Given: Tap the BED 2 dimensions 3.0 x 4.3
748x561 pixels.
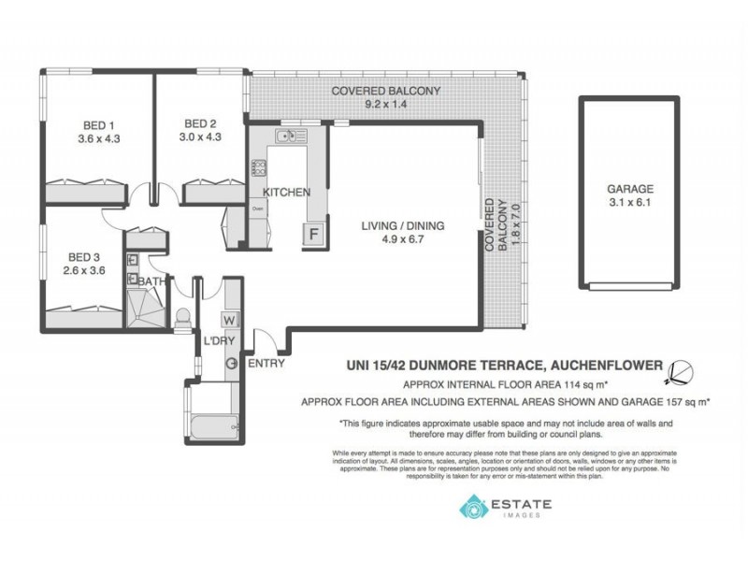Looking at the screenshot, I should click(x=202, y=137).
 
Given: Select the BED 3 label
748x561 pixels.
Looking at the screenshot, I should click(x=82, y=257).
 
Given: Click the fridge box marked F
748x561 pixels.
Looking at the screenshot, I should click(x=315, y=234).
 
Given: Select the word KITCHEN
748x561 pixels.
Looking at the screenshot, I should click(x=286, y=192).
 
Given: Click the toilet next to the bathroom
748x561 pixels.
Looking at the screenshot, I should click(x=183, y=316).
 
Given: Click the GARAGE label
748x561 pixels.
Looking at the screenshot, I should click(x=629, y=187).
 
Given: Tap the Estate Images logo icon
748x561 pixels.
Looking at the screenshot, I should click(x=470, y=508).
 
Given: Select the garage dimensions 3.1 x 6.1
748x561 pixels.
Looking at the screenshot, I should click(x=629, y=200).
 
